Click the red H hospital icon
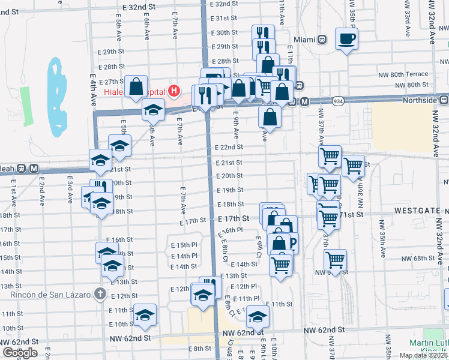point(174,91)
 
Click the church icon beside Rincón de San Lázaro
point(100,295)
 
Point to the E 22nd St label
point(229,147)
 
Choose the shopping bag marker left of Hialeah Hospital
point(136,85)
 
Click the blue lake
point(57,96)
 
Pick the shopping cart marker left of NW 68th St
point(335,260)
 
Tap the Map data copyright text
point(423,355)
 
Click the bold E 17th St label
point(234,220)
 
